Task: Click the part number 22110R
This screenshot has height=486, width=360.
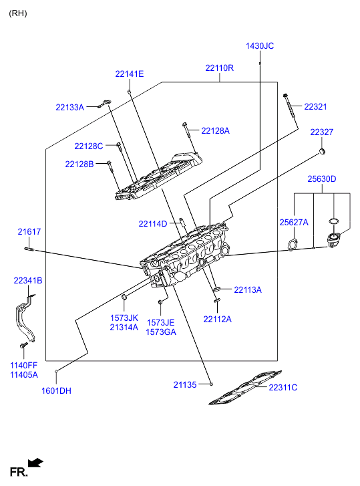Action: point(220,68)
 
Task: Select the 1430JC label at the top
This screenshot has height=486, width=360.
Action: point(260,46)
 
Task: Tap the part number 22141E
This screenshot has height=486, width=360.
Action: point(130,74)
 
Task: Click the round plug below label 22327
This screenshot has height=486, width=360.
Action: point(322,152)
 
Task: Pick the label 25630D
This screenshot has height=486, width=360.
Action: point(322,179)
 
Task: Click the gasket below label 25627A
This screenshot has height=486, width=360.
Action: point(293,245)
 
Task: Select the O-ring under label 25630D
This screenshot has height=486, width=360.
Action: point(333,221)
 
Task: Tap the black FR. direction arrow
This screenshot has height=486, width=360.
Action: point(35,463)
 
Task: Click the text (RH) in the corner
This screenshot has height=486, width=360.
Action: point(18,13)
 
